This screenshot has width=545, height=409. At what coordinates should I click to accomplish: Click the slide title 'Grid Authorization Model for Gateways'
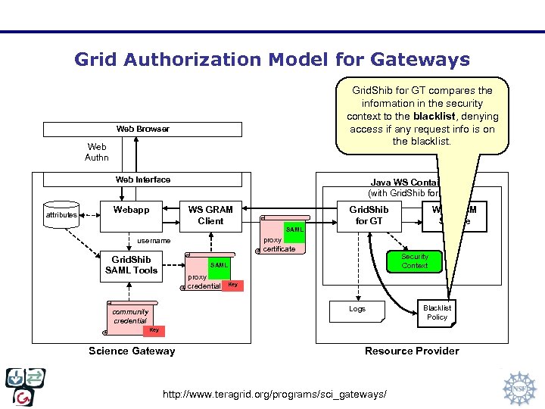(272, 59)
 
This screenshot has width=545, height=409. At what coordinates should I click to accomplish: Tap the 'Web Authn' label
(97, 151)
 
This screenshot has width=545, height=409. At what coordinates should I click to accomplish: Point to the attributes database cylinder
(61, 214)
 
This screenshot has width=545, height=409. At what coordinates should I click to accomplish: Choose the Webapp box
(131, 214)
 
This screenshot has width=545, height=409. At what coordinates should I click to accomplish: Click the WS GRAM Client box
(210, 214)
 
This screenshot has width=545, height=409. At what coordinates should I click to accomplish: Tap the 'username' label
(154, 241)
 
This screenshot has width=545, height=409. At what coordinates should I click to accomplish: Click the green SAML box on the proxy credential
(218, 265)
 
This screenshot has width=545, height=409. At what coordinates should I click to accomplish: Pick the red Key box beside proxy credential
(233, 285)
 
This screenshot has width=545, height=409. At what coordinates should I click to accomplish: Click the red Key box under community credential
(154, 330)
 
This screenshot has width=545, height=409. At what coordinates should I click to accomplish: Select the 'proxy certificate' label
(279, 244)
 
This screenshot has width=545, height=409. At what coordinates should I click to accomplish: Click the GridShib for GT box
(369, 214)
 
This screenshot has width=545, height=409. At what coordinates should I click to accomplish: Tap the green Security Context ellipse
(414, 261)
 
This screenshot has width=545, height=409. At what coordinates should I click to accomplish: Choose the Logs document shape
(357, 310)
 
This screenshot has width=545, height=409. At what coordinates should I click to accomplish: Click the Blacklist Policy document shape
(437, 312)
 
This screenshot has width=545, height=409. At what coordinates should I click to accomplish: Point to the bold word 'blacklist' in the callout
(434, 116)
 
